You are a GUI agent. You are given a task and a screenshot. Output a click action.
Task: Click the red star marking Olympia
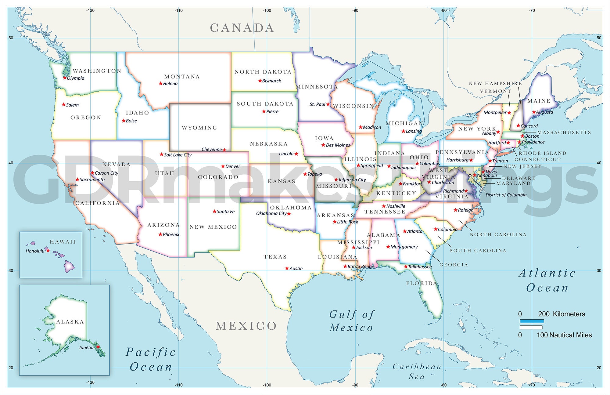click(x=65, y=78)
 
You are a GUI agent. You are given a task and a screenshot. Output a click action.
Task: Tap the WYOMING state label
click(x=199, y=128)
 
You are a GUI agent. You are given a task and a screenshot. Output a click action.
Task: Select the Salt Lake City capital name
click(x=178, y=155)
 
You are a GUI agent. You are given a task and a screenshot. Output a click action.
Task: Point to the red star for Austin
click(x=287, y=268)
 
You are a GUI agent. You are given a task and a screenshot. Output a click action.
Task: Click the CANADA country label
click(x=242, y=28)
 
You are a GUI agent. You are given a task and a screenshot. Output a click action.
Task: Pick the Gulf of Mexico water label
click(x=351, y=321)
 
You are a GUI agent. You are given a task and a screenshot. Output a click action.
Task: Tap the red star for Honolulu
click(x=48, y=250)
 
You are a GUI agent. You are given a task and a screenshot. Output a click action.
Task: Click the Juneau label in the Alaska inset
click(x=86, y=347)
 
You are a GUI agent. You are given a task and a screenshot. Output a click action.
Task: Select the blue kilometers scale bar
click(x=532, y=321)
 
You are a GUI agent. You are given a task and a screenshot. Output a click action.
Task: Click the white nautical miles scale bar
click(x=531, y=328)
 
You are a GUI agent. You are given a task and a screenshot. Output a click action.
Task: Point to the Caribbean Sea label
click(x=417, y=371)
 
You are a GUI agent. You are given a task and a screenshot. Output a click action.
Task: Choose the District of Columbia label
click(x=506, y=195)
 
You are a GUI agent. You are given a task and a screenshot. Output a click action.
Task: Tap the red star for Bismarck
click(x=260, y=81)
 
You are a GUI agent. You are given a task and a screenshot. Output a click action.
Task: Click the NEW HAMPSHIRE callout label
click(x=495, y=83)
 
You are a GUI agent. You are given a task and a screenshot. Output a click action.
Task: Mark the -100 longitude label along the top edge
click(x=267, y=10)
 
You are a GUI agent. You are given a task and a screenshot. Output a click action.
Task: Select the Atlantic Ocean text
click(x=547, y=280)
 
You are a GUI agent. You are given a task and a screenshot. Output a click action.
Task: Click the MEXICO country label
click(x=246, y=326)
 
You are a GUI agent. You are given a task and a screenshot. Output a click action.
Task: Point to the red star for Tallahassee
click(x=406, y=266)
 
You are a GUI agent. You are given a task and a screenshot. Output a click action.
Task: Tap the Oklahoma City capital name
click(x=271, y=213)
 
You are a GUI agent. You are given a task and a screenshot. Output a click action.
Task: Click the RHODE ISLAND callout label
click(x=542, y=153)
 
